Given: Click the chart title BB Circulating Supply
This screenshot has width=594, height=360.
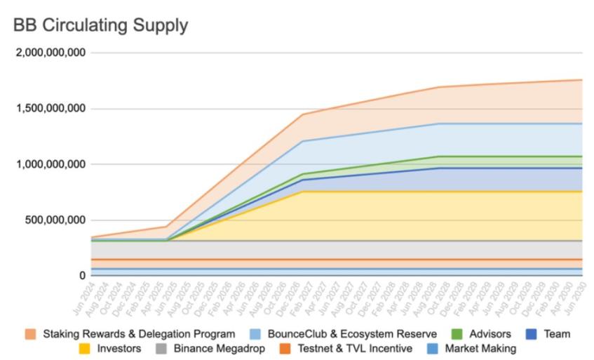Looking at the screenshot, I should pyautogui.click(x=100, y=26).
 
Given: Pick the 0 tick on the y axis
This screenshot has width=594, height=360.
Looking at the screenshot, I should pyautogui.click(x=82, y=276).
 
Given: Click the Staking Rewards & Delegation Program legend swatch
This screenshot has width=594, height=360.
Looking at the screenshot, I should pyautogui.click(x=31, y=334).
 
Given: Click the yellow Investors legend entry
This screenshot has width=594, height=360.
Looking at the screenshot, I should pyautogui.click(x=117, y=348).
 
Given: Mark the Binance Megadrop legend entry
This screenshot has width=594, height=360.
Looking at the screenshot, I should pyautogui.click(x=218, y=348).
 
